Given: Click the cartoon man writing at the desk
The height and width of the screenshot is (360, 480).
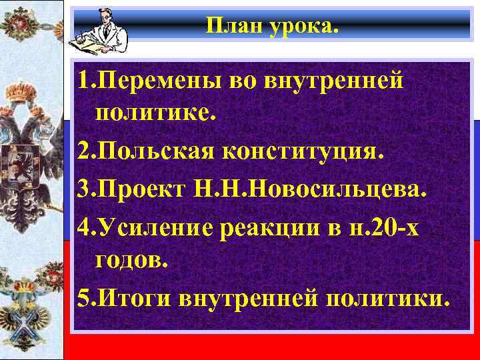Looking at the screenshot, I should (x=100, y=30).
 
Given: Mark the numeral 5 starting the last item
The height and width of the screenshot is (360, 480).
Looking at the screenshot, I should (x=82, y=299).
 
